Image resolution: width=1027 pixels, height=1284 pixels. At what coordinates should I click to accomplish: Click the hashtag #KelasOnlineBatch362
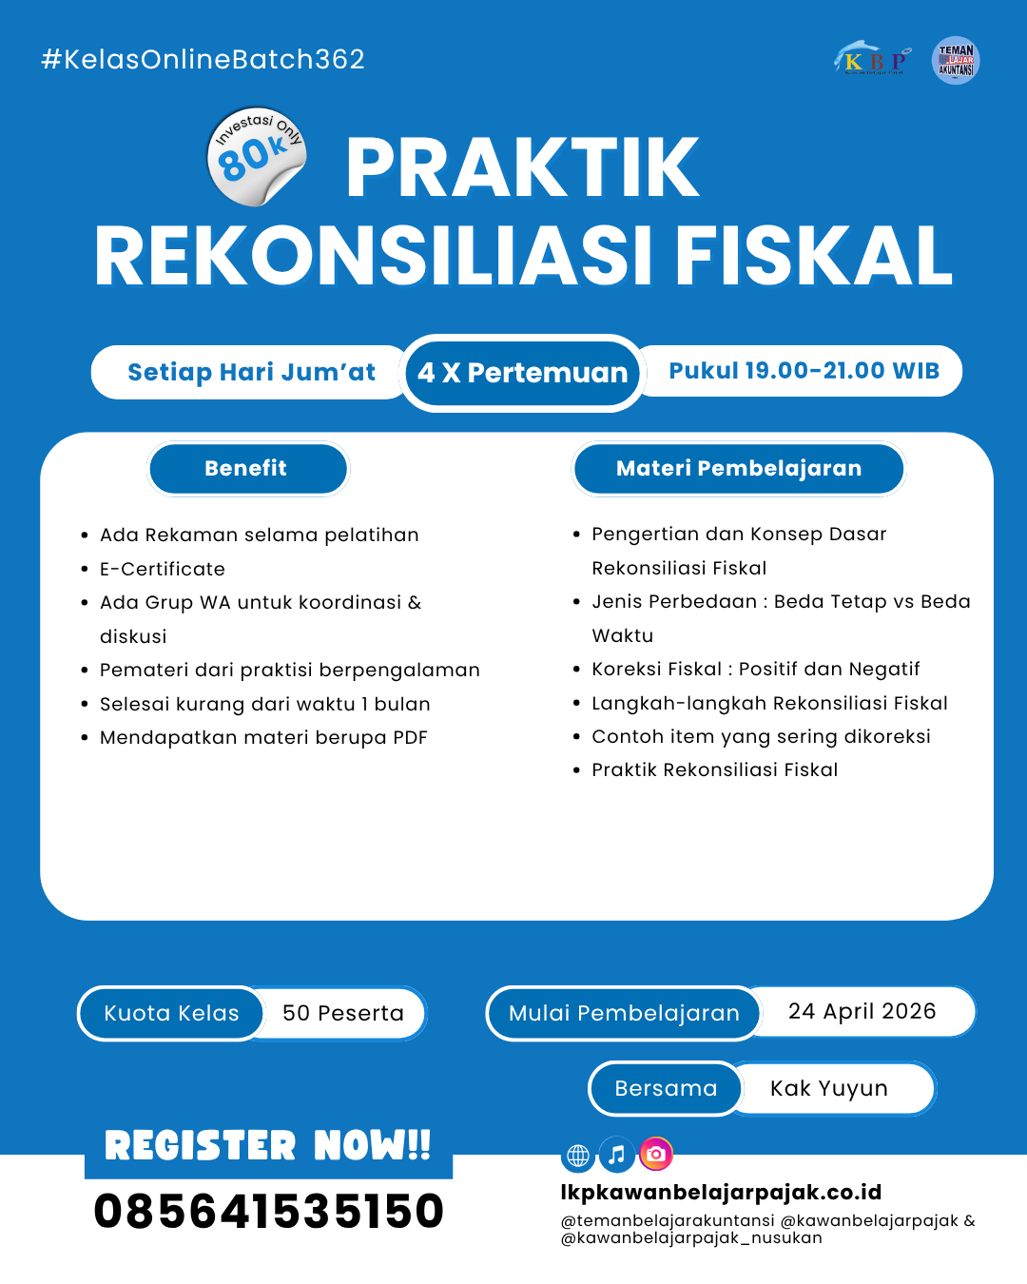[203, 59]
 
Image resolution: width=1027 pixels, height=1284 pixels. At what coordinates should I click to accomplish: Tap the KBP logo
[873, 60]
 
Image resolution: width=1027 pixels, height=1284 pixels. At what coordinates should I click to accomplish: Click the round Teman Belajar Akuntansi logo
[956, 61]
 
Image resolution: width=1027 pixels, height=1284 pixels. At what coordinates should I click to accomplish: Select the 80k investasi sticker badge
[256, 156]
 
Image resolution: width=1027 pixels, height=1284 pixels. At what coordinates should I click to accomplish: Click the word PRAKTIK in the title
[522, 168]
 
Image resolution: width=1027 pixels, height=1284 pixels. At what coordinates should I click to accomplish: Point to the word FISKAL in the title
[813, 257]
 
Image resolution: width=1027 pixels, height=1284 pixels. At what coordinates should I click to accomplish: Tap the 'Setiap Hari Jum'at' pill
[251, 372]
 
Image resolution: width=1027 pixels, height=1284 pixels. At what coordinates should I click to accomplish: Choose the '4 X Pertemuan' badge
[522, 373]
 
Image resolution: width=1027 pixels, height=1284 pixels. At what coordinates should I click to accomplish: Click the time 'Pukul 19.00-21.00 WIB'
[804, 371]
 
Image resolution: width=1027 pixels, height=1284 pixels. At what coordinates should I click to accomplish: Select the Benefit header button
[247, 468]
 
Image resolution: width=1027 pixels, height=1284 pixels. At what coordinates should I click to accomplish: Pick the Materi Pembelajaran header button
[738, 468]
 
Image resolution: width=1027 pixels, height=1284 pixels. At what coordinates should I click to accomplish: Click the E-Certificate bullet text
[163, 569]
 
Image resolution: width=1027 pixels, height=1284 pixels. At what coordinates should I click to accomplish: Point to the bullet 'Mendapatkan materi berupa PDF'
[263, 737]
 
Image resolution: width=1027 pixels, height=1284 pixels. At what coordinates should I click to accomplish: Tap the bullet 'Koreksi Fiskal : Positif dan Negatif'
[755, 669]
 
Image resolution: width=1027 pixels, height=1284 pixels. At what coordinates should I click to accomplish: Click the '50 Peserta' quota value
[343, 1013]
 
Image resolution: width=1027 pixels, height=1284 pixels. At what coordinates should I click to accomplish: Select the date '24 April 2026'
[862, 1011]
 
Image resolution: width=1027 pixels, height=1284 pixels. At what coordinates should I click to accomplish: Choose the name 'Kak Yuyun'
[828, 1088]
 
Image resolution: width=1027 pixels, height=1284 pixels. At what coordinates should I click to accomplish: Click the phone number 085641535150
[269, 1211]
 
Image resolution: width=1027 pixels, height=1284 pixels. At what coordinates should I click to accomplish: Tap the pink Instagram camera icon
[655, 1155]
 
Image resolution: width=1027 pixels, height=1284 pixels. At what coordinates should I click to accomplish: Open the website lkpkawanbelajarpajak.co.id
[721, 1192]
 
